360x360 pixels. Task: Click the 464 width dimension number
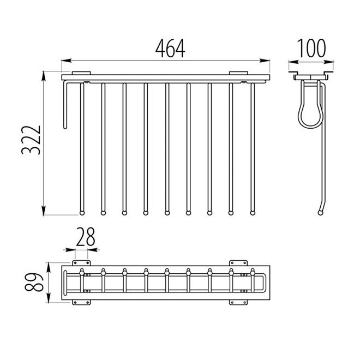[x=170, y=49]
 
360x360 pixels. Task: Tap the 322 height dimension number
[x=31, y=140]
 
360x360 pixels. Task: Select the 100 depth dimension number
[x=311, y=48]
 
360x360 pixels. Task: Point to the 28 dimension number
[x=86, y=237]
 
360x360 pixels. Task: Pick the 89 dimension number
[x=34, y=282]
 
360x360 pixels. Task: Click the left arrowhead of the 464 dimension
[x=67, y=61]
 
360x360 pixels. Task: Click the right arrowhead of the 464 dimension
[x=265, y=61]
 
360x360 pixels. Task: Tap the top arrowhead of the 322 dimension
[x=44, y=76]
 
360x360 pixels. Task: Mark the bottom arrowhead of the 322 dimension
[x=44, y=211]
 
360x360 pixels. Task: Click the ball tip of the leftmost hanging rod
[x=82, y=213]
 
